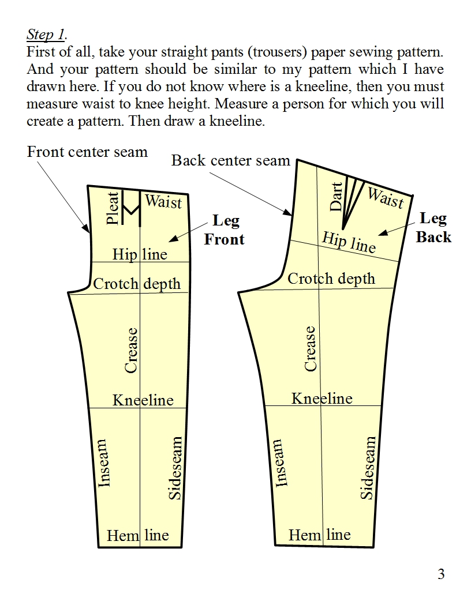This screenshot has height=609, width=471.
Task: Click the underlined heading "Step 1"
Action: pos(45,35)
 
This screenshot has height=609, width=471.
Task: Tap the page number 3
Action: pos(441,574)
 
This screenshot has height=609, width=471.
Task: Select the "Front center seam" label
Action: pos(87,152)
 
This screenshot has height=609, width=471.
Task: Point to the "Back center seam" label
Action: pos(230,160)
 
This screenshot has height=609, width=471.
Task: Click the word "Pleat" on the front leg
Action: pos(113,208)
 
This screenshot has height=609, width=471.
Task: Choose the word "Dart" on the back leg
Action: pos(337,197)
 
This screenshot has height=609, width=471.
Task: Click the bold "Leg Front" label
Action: pos(225,230)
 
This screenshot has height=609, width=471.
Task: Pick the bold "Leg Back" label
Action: pos(433,227)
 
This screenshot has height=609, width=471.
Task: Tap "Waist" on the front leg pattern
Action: pos(163,202)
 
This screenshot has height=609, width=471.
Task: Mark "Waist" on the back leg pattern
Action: pos(386,198)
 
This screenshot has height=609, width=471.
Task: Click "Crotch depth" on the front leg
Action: pos(137,284)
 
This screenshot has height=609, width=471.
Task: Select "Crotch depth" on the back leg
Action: pos(331,279)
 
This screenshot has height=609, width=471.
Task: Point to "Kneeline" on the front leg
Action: pos(143,400)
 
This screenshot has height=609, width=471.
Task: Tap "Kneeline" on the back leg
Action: pos(322,398)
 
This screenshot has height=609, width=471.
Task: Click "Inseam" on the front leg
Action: pos(103,463)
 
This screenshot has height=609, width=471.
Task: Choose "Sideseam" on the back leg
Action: pos(368,468)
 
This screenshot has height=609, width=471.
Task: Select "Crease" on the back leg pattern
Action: pos(311,348)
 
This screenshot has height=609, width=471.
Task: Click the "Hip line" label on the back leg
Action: pos(349,242)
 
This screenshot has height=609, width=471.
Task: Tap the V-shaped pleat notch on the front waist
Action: pos(132,208)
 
